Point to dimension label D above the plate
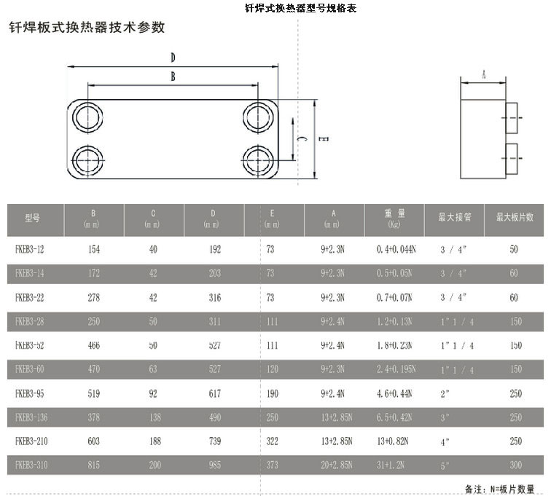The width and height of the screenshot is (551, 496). tap(173, 57)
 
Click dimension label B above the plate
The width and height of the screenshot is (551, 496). tap(173, 76)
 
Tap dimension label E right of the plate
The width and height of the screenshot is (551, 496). tap(321, 138)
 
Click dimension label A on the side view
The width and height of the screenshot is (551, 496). tap(484, 74)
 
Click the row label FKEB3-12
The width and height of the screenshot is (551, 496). tap(30, 249)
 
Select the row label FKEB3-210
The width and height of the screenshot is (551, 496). tap(31, 441)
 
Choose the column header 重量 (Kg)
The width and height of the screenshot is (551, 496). tap(394, 218)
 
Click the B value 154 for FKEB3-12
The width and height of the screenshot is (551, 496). tap(94, 249)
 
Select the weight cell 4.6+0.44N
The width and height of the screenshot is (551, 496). tap(394, 393)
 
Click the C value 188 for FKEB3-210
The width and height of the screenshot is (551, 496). tap(153, 441)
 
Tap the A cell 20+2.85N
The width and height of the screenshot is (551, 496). tap(337, 465)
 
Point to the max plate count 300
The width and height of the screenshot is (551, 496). tap(515, 465)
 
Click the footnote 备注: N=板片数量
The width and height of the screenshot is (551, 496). tap(499, 489)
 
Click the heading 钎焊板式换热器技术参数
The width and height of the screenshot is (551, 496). tap(86, 28)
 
